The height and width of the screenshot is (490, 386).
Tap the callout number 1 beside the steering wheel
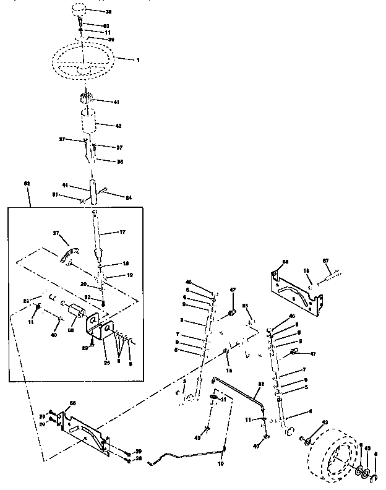139,59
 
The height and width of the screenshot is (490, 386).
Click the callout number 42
119,126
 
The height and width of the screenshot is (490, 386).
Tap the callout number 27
56,233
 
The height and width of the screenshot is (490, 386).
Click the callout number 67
325,260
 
